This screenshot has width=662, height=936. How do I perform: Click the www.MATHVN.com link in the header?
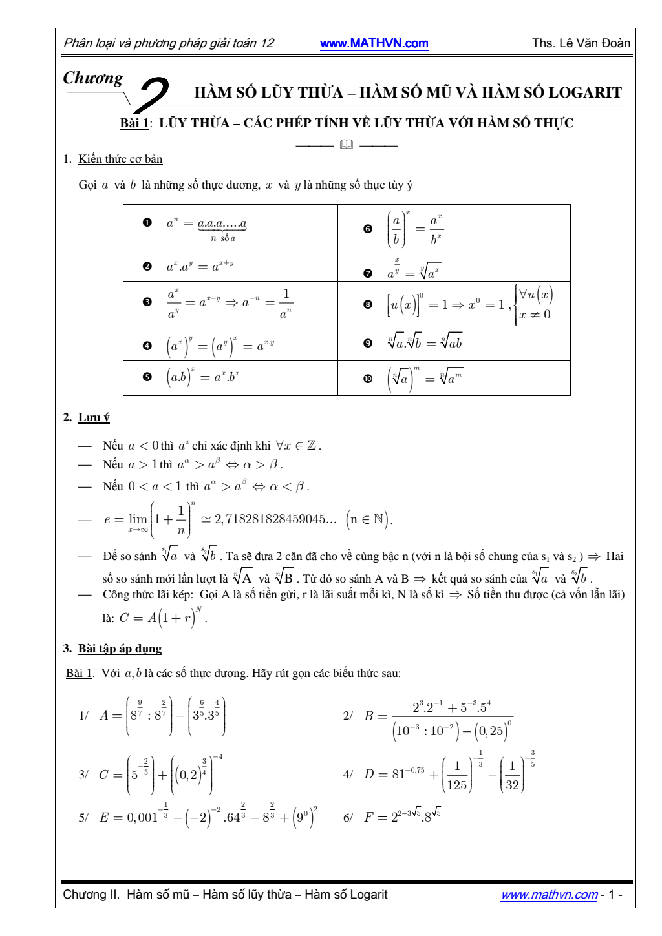point(374,43)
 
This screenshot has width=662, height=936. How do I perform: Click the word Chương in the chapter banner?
point(93,78)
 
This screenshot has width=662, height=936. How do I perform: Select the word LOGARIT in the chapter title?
point(585,92)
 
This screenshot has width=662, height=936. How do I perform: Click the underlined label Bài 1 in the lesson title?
point(134,123)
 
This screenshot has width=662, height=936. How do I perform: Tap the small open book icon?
point(347,145)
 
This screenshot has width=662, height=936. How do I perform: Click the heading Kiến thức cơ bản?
point(120,159)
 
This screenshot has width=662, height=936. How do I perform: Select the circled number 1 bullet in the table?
point(147,223)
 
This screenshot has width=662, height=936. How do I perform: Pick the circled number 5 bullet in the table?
point(147,377)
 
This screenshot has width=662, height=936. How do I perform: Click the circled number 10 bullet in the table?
point(368,379)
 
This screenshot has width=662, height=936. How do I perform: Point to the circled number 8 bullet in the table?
point(368,304)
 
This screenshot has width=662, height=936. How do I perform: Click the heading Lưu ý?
point(94,417)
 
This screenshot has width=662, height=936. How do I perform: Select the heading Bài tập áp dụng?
point(120,649)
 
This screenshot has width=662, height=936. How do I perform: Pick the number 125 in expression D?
point(456,785)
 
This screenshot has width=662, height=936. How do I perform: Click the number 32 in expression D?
point(512,785)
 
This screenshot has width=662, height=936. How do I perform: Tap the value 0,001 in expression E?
point(142,818)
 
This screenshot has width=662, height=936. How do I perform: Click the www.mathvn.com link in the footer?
point(550,895)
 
